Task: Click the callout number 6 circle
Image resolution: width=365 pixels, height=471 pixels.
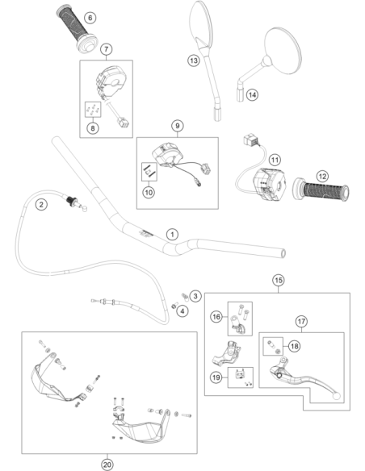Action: point(90,18)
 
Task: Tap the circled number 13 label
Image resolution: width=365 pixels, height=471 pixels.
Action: point(194,60)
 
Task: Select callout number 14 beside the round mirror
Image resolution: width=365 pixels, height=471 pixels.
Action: point(252,95)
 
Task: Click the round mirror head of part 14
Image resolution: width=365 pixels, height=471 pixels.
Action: point(283,50)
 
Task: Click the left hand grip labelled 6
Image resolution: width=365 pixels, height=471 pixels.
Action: point(77,28)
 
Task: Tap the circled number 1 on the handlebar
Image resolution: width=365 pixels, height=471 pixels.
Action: point(172,235)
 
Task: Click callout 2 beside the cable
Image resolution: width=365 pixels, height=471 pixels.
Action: point(41,205)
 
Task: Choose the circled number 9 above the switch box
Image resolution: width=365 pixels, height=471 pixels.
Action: point(178,126)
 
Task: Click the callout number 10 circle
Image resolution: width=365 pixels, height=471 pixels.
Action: point(149,192)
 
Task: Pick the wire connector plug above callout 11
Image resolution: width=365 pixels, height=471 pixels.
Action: point(250,140)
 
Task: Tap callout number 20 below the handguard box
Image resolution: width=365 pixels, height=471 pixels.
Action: point(107,465)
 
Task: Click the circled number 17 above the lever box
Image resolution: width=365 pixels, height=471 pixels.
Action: point(301,322)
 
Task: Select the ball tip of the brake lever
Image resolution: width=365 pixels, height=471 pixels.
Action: point(337,396)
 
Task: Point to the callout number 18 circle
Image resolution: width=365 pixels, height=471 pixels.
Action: point(295,346)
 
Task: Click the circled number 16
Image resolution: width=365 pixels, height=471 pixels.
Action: point(216,317)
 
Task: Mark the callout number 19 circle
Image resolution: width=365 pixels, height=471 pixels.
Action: point(216,377)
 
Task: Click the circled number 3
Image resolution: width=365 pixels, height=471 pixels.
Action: point(195,296)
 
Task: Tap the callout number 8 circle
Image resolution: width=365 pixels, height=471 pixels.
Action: point(93,128)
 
